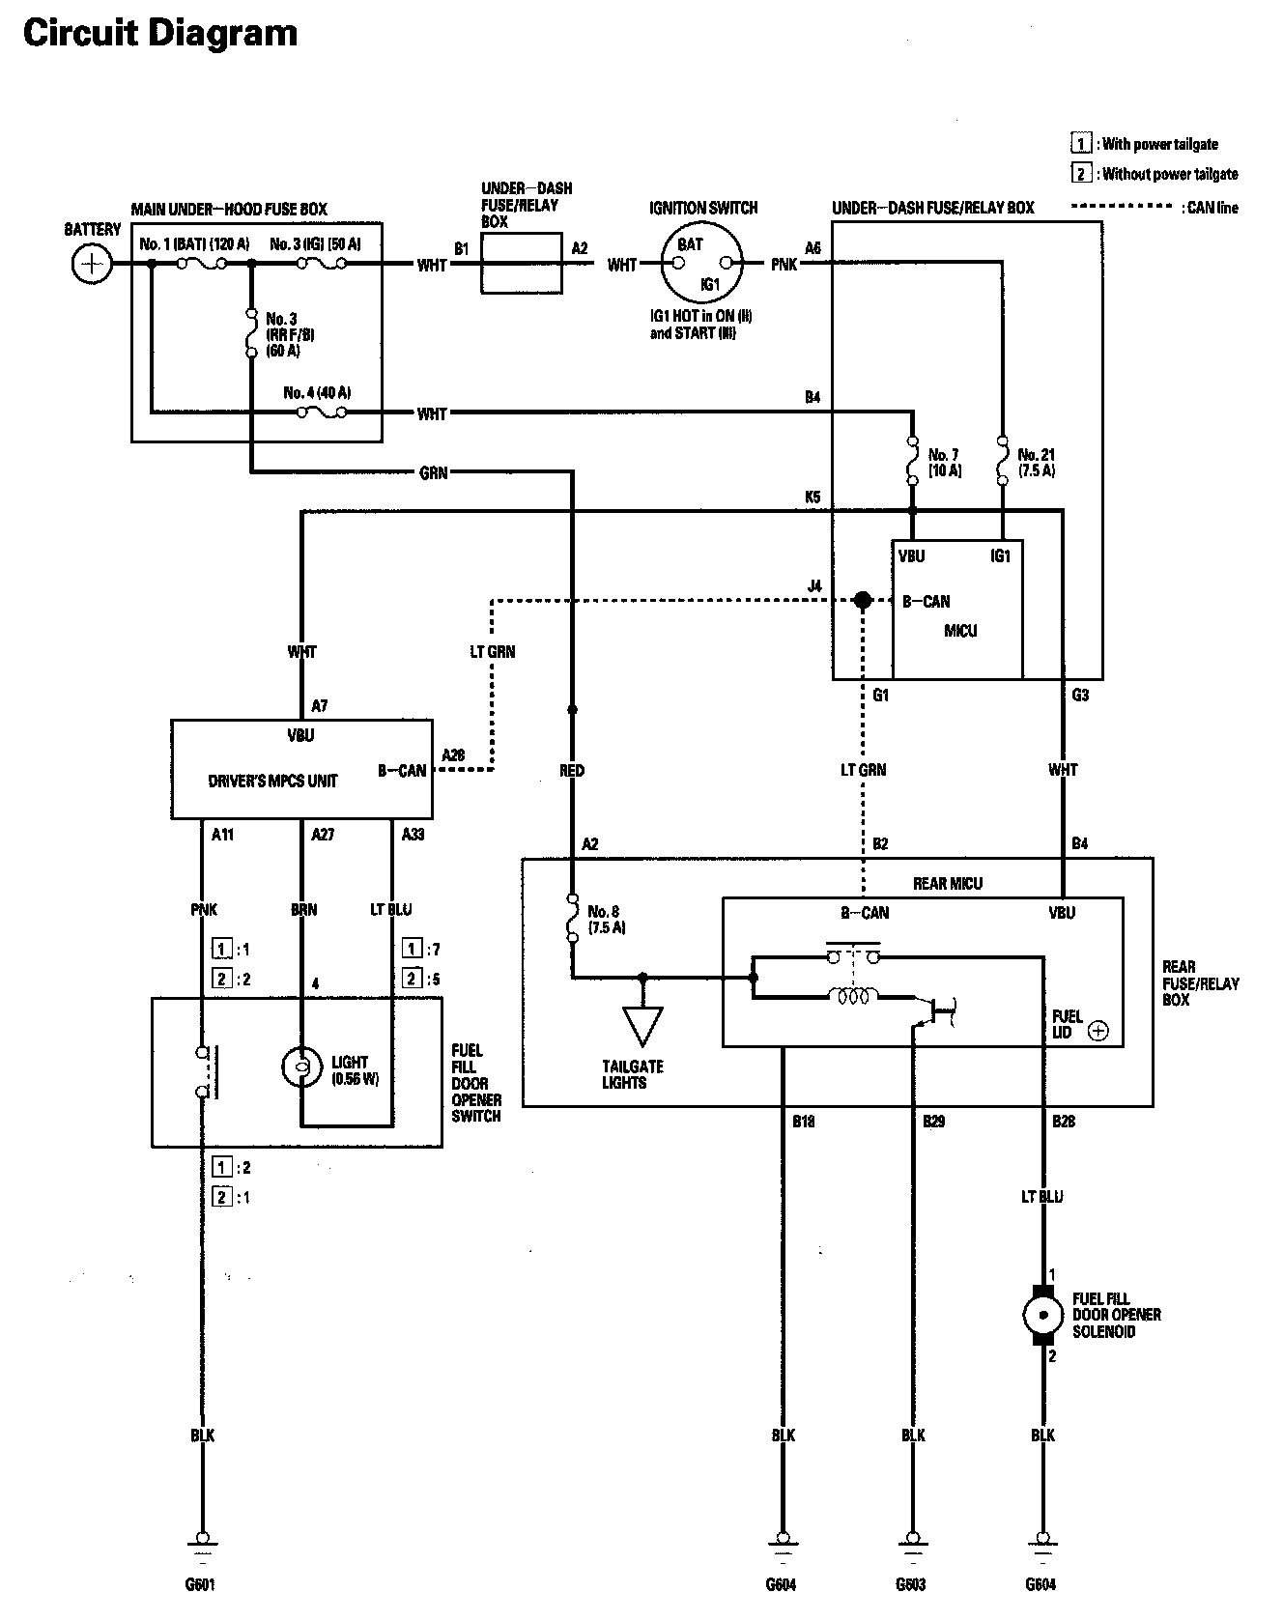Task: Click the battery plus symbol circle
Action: pos(91,264)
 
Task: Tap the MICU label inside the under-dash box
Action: pos(960,631)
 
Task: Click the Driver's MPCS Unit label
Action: pos(272,781)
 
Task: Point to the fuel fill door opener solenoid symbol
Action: pos(1042,1315)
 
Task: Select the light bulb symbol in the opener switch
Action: pos(301,1067)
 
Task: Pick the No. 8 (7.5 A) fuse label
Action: pos(607,920)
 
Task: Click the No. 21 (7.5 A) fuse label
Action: pos(1036,463)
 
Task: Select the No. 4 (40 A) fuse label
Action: pos(317,393)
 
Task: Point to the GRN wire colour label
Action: pos(434,473)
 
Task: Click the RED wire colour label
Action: pos(572,771)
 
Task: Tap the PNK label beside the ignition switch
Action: pos(784,264)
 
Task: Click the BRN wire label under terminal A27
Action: pos(303,910)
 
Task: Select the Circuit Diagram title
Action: pos(160,34)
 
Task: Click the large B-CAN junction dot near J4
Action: pos(863,601)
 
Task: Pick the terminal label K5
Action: pos(813,498)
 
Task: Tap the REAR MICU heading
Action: pos(947,884)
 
